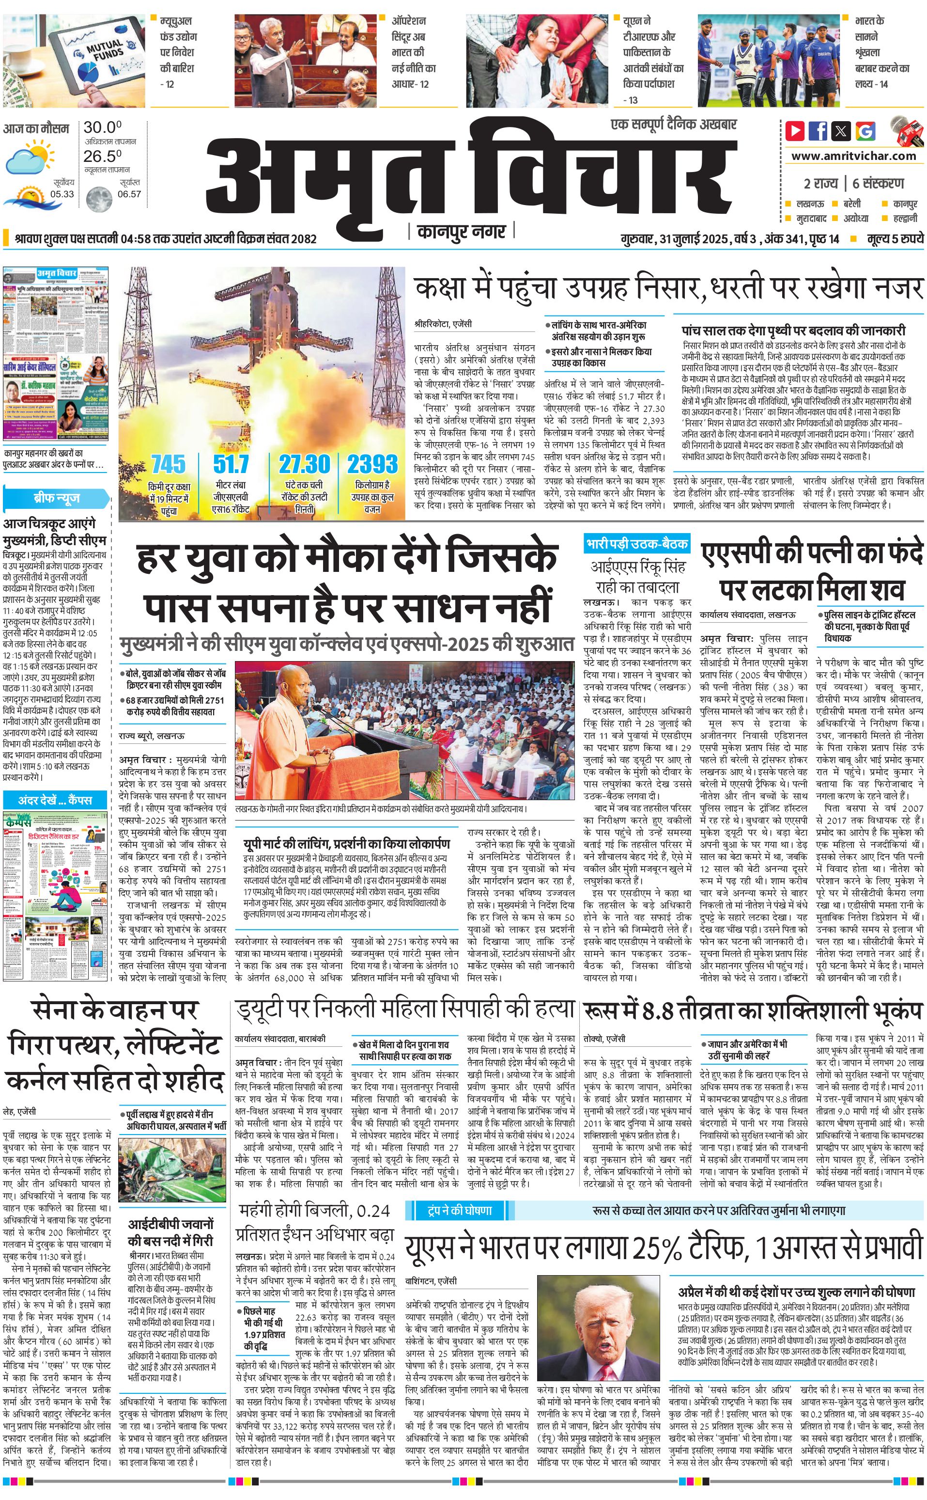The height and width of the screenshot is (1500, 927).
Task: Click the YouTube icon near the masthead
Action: pos(795,131)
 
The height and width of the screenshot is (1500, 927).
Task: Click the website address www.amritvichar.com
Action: pos(853,156)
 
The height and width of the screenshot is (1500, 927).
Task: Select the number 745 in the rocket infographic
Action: pos(168,463)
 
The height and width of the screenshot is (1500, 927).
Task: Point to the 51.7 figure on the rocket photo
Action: pos(231,463)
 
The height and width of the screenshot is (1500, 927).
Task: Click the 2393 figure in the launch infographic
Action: pos(372,463)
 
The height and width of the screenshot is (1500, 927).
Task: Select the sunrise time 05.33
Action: pos(62,194)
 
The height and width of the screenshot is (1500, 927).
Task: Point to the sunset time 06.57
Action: pos(129,194)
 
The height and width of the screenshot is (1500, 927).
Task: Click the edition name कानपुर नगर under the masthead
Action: pos(461,231)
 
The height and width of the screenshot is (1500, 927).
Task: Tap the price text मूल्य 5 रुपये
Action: pos(895,238)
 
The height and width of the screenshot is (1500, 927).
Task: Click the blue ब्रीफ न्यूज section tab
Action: pos(56,498)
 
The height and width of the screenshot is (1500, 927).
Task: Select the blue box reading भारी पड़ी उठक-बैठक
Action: pos(636,543)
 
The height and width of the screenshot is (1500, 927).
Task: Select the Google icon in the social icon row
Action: pos(865,131)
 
